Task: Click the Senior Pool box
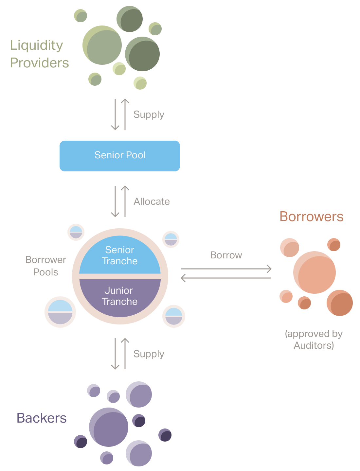point(120,156)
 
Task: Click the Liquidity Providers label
point(39,54)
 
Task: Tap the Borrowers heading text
point(311,217)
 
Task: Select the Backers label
point(42,418)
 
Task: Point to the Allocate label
point(152,201)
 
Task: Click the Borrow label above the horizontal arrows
point(226,255)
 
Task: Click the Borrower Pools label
point(46,266)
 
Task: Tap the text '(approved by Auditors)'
point(314,340)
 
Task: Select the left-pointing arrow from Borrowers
point(226,278)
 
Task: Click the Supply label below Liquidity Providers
point(149,114)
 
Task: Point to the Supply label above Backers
point(149,354)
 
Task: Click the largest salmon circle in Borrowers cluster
point(315,272)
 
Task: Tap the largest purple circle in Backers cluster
point(109,427)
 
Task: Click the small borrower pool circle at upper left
point(76,232)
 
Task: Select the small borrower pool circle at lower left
point(60,312)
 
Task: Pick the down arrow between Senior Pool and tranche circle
point(115,201)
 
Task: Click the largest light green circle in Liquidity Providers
point(102,45)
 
